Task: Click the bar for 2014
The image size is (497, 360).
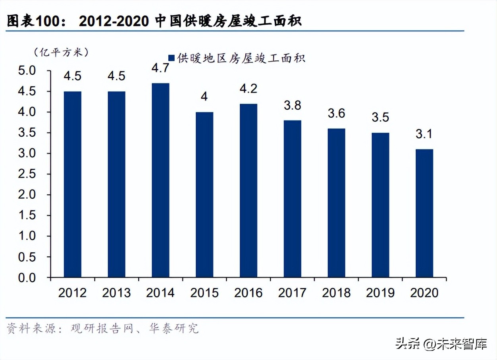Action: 160,180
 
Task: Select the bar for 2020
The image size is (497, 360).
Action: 424,213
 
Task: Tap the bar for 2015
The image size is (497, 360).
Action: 204,194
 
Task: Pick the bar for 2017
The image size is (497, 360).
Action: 293,199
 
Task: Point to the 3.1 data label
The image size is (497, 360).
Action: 424,134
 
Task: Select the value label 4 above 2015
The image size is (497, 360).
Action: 204,97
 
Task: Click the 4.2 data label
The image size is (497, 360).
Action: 248,88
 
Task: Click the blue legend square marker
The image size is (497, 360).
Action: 171,58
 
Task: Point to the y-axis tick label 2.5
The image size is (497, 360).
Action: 27,174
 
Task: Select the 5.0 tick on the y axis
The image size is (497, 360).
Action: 27,71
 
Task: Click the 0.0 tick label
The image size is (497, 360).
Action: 27,277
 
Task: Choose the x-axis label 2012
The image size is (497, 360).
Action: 72,293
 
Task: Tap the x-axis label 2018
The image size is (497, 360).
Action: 336,293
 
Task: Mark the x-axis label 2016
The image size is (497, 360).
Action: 248,293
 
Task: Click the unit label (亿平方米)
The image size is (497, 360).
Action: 61,52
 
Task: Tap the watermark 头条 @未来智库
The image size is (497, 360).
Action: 441,344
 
